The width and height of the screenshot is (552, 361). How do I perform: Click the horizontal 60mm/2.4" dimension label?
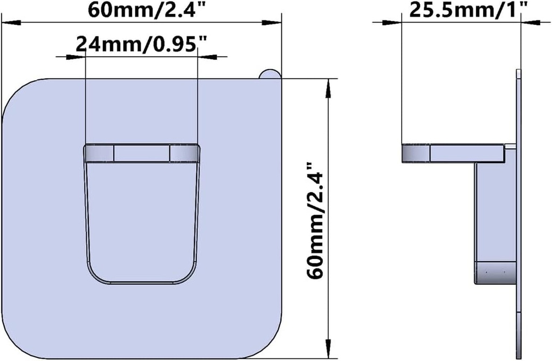coord(147,10)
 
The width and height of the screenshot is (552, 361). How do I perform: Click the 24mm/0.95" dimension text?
coord(141,44)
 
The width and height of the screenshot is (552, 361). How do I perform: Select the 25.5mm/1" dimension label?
coord(468,10)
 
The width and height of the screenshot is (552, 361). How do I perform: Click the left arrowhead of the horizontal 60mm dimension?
coord(12,23)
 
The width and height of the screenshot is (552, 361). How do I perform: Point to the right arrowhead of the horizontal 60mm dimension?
coord(272,23)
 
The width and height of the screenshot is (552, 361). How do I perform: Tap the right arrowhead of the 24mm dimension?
coord(208,56)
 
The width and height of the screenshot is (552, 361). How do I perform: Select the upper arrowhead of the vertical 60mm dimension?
coord(328,88)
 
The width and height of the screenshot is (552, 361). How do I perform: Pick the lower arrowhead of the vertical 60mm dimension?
coord(328,349)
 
